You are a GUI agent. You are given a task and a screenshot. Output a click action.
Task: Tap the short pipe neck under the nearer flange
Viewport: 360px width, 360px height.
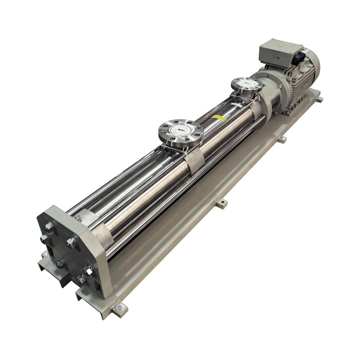point(184,143)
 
